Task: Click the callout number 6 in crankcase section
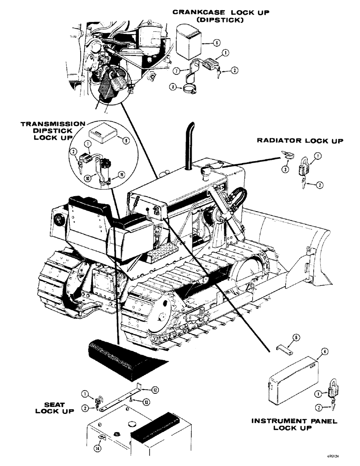click(x=217, y=42)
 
